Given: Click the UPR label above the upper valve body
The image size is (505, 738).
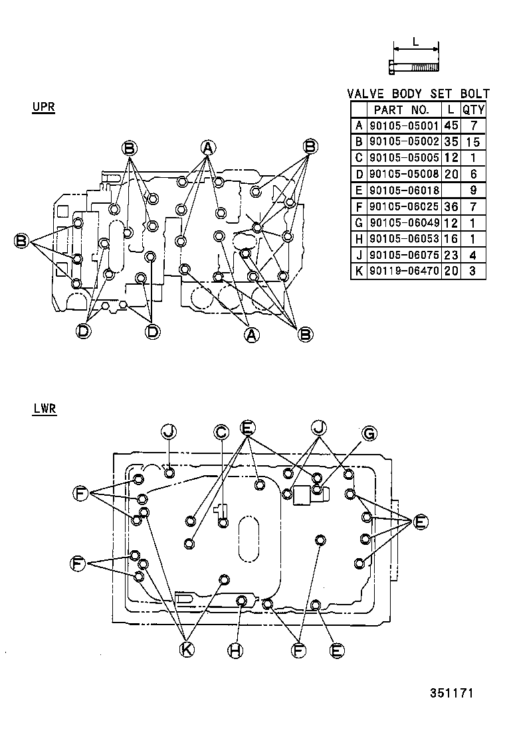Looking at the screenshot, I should click(x=43, y=107).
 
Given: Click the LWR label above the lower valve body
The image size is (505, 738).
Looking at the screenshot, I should click(x=44, y=409).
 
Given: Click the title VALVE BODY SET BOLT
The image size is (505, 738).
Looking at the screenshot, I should click(x=418, y=94).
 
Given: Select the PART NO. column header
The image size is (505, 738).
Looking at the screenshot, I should click(x=401, y=110).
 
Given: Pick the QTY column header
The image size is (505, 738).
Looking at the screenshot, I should click(x=473, y=110).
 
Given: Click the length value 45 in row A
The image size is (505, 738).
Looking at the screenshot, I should click(x=451, y=125).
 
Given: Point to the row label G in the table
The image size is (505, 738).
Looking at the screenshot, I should click(x=359, y=223).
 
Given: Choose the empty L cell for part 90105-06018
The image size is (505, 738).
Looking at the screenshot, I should click(x=451, y=190).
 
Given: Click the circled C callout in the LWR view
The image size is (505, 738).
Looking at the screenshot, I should click(x=221, y=432).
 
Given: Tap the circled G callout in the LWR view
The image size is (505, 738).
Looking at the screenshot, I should click(x=368, y=433).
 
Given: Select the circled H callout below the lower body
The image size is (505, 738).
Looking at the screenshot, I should click(x=235, y=650).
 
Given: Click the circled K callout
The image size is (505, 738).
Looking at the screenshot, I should click(x=187, y=650).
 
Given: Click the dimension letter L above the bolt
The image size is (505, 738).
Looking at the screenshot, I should click(x=415, y=41).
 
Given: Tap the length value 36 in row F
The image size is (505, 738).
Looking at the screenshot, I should click(x=451, y=206).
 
